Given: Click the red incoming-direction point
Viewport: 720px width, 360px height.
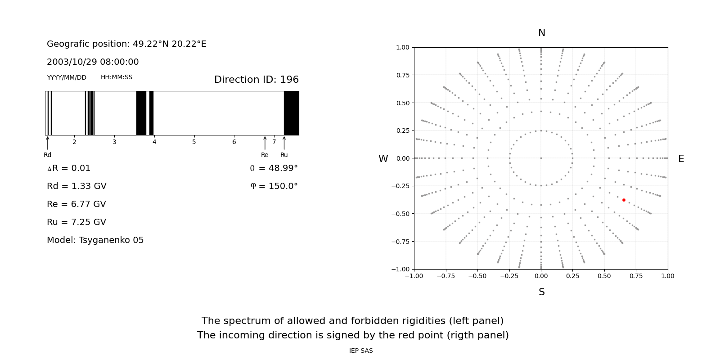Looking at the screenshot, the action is [x=624, y=200].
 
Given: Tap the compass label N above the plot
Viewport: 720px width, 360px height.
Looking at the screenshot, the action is [x=542, y=33].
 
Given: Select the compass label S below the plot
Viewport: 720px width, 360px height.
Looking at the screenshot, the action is [x=542, y=292].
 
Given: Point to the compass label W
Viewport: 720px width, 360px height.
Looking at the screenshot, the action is [x=383, y=159].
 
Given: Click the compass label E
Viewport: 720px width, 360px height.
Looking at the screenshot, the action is [x=681, y=159].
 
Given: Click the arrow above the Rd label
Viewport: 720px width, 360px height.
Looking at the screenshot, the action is [x=48, y=143].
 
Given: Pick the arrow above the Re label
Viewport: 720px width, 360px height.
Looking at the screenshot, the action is [x=265, y=143].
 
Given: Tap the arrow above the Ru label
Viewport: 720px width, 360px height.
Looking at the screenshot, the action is [x=284, y=143].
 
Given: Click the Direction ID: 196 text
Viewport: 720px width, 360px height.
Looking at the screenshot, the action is [x=256, y=79].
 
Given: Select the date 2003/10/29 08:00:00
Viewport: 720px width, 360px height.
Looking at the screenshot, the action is [x=93, y=62].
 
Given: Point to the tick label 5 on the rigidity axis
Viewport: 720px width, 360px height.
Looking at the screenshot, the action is [x=194, y=142].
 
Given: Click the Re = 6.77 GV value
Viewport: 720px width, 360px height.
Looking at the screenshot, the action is [x=76, y=204].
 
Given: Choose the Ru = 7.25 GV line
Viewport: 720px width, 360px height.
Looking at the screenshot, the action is [x=76, y=222].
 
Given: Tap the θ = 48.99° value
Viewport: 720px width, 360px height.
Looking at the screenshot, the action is [x=274, y=168].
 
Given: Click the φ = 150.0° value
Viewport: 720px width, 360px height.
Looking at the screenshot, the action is [x=274, y=186].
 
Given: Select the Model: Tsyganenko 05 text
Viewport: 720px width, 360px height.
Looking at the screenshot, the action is [x=95, y=240].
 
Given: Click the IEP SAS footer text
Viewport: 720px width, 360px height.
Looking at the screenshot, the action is [x=361, y=351].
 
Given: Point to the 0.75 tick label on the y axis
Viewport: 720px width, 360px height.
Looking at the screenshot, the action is [x=403, y=75].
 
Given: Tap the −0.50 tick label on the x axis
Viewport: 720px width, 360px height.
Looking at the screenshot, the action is [x=477, y=276].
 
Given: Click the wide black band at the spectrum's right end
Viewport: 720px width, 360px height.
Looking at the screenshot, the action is [x=292, y=113].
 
